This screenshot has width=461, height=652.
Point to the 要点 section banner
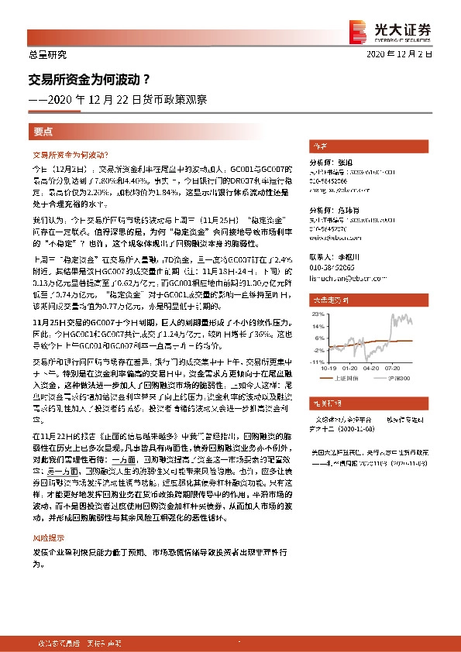(x=43, y=132)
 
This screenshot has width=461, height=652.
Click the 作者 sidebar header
(x=319, y=146)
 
